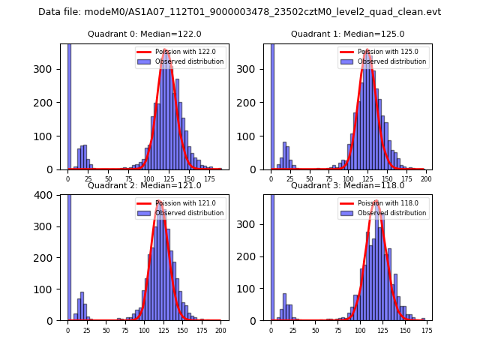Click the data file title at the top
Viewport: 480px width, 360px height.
[239, 12]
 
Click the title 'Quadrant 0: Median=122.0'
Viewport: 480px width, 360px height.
[144, 34]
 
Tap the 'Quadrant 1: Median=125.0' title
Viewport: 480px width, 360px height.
[347, 34]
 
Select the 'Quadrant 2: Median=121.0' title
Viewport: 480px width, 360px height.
[144, 185]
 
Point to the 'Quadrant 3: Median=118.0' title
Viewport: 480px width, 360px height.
[347, 185]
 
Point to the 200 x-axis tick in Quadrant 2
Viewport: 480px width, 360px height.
[220, 330]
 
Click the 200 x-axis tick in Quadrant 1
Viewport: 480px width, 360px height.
[426, 178]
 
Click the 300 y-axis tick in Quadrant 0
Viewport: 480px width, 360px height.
[49, 69]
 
